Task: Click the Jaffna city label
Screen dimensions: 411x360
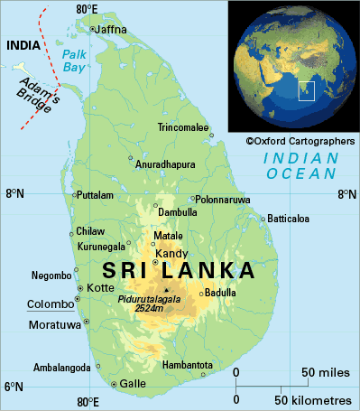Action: coord(112,29)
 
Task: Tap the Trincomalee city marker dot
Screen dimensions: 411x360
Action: coord(210,128)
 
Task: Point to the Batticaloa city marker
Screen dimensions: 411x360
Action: coord(263,219)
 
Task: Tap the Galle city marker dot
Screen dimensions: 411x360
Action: coord(114,384)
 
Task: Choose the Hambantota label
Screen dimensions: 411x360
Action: coord(187,364)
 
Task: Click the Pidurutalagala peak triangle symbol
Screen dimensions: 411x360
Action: coord(166,290)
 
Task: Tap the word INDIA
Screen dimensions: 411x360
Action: coord(22,45)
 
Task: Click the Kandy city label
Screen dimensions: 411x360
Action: coord(171,253)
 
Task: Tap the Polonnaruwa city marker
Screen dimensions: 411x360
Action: coord(193,199)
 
